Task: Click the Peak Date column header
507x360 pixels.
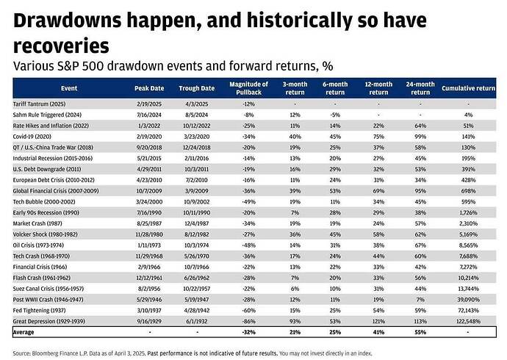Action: click(149, 88)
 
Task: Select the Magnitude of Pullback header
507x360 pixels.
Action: click(249, 88)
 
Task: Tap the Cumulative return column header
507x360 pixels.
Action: click(468, 88)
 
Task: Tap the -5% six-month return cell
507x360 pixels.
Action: click(337, 114)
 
